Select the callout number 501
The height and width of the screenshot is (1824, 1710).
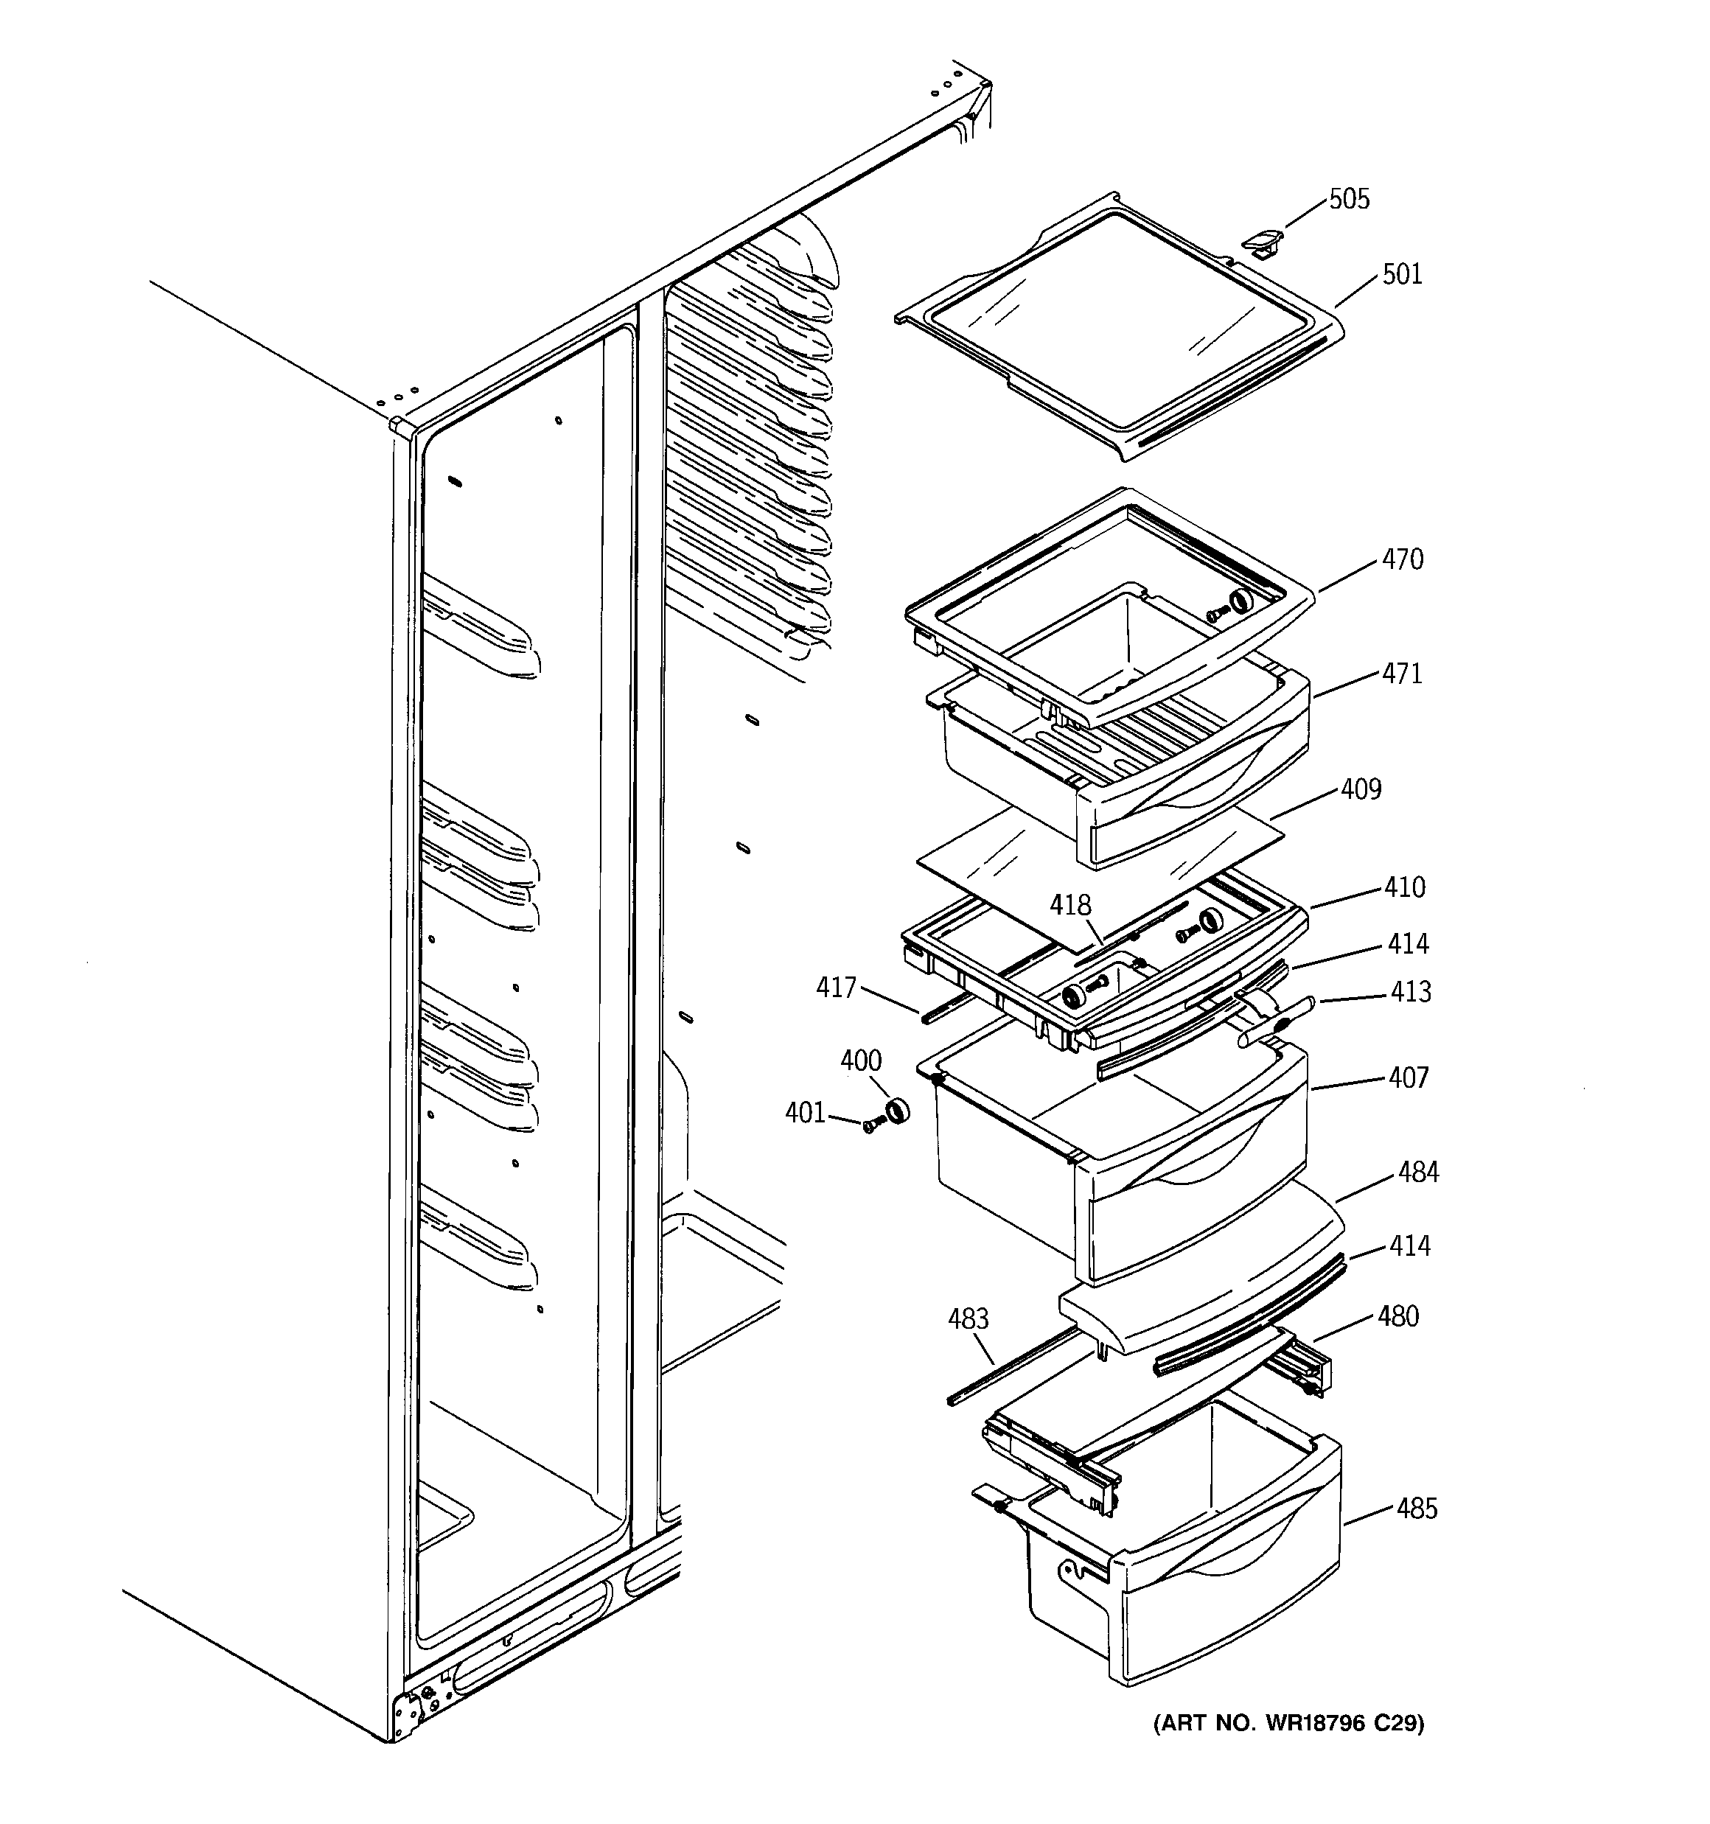pyautogui.click(x=1402, y=274)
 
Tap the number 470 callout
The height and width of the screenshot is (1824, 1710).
pyautogui.click(x=1403, y=559)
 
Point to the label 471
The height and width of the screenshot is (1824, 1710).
pyautogui.click(x=1403, y=674)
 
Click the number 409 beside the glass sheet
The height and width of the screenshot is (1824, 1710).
pyautogui.click(x=1361, y=789)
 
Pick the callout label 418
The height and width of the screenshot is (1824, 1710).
pyautogui.click(x=1070, y=906)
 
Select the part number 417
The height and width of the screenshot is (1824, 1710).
pyautogui.click(x=835, y=988)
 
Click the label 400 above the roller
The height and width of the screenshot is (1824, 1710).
pyautogui.click(x=860, y=1060)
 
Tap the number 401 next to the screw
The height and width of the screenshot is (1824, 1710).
pyautogui.click(x=805, y=1113)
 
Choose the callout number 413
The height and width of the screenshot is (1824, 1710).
pyautogui.click(x=1410, y=992)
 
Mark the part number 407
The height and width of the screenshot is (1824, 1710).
pyautogui.click(x=1408, y=1077)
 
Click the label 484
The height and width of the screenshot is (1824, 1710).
pyautogui.click(x=1418, y=1172)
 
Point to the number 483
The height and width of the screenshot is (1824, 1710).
pyautogui.click(x=968, y=1319)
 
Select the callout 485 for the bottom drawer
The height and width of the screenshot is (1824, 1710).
pyautogui.click(x=1417, y=1509)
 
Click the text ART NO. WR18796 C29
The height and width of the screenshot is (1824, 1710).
pyautogui.click(x=1288, y=1724)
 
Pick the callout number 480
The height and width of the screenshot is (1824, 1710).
pyautogui.click(x=1398, y=1317)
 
